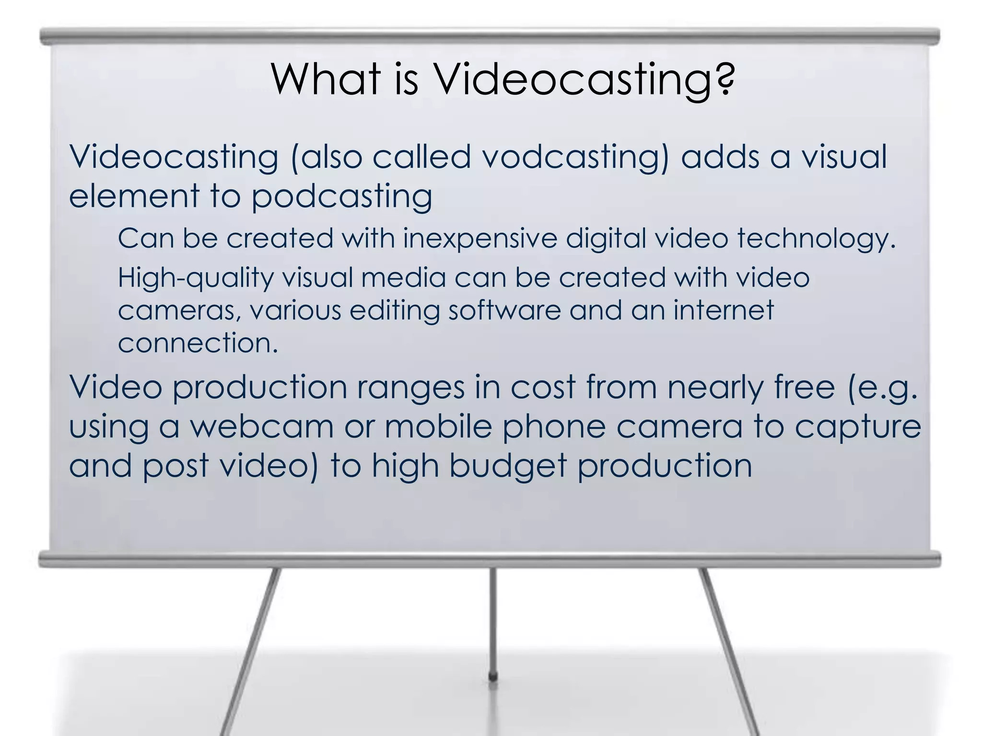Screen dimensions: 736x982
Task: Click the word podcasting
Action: pos(342,197)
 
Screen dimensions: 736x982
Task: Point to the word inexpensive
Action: pos(479,239)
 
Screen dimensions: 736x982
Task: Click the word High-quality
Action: pos(195,278)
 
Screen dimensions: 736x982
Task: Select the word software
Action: pos(504,310)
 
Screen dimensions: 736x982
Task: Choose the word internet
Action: pos(724,310)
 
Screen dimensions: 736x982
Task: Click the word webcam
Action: pos(261,426)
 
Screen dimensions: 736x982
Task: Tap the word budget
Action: pos(508,467)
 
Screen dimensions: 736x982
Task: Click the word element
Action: pos(134,196)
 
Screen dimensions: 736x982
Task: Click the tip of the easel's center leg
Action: pos(492,677)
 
